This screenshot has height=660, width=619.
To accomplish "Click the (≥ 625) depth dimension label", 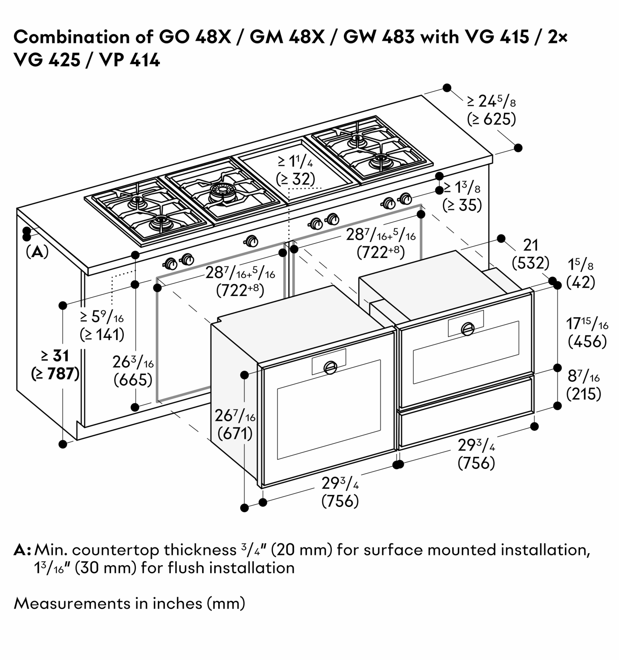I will [x=491, y=119].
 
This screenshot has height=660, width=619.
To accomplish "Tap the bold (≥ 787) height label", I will [x=55, y=374].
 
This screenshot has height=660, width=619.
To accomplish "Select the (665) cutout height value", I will [x=133, y=380].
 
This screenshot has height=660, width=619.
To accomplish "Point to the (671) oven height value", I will [x=235, y=434].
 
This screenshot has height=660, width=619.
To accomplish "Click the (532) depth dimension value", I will [x=530, y=263].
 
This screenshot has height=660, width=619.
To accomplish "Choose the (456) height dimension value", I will [x=587, y=342].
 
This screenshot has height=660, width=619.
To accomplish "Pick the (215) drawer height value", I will [x=583, y=394].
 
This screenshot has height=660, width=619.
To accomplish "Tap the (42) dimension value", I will [x=580, y=282].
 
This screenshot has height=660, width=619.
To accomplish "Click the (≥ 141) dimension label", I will [x=102, y=334].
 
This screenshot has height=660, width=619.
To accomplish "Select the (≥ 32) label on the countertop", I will [x=295, y=179].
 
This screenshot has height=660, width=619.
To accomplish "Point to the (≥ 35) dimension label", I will [x=462, y=206].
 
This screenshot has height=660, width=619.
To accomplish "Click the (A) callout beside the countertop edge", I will [x=37, y=252].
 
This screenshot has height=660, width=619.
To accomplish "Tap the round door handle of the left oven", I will [x=330, y=367].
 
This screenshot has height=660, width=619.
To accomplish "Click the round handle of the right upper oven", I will [x=468, y=329].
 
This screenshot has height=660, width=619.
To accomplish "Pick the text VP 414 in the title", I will [x=130, y=60].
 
